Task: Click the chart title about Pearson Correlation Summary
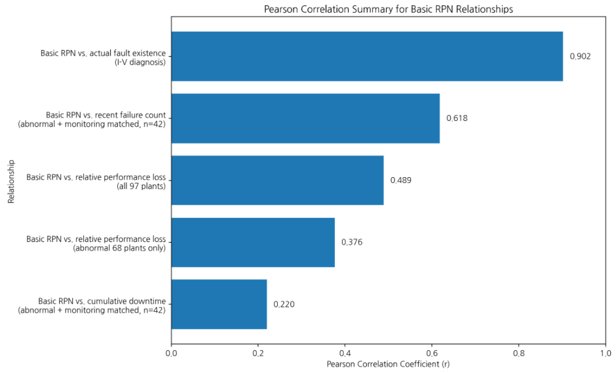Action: (388, 9)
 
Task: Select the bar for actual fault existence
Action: (367, 56)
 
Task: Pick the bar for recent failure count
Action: (306, 118)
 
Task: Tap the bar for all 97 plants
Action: (277, 180)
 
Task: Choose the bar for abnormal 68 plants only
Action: (253, 242)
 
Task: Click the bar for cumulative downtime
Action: (219, 304)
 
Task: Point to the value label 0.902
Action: (580, 56)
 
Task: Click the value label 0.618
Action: (457, 118)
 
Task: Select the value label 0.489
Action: (401, 180)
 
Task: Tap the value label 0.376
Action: (352, 242)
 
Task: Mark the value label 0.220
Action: (284, 304)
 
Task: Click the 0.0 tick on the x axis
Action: (171, 353)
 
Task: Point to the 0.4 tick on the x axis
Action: (345, 353)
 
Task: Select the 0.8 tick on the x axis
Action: (519, 353)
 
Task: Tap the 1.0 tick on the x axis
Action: (606, 353)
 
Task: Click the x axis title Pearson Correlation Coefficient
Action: (388, 364)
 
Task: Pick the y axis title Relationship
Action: (11, 181)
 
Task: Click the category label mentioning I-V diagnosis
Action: (103, 58)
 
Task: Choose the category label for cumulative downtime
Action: (92, 305)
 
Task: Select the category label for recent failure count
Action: (92, 119)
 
